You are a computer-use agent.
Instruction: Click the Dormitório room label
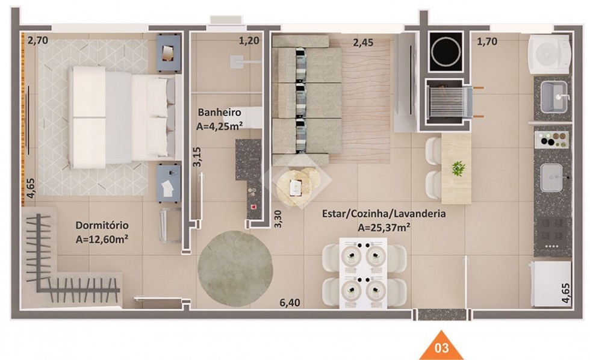click(x=102, y=225)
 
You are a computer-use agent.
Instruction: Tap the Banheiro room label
click(x=219, y=112)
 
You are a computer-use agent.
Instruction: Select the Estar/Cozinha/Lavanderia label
click(x=384, y=214)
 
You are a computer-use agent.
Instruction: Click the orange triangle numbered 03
click(x=441, y=346)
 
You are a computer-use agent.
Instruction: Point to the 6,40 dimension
click(x=290, y=302)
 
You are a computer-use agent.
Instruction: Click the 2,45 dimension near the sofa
click(x=363, y=43)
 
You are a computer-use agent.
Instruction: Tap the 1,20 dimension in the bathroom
click(x=249, y=40)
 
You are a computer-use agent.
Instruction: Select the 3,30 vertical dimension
click(x=278, y=219)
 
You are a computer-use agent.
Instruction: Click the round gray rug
click(x=235, y=268)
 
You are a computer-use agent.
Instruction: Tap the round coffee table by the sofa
click(x=297, y=186)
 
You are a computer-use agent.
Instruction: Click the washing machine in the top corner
click(x=548, y=54)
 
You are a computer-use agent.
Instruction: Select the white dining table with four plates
click(x=363, y=273)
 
